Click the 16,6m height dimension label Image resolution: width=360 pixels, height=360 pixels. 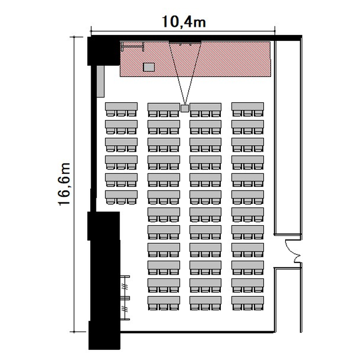coord(64,184)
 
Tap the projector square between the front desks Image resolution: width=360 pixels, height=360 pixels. coord(185,108)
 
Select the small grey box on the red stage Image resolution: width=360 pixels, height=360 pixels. coord(149,67)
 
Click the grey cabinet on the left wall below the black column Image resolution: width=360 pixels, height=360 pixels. coord(100,82)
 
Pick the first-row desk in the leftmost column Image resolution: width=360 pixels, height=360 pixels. coord(121,106)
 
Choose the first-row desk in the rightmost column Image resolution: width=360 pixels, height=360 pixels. coord(248,106)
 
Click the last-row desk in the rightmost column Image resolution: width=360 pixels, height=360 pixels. coord(248,300)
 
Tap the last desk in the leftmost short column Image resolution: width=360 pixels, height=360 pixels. coord(121,194)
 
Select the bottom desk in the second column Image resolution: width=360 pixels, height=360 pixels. coord(164,300)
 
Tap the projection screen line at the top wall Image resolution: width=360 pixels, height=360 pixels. coord(185,43)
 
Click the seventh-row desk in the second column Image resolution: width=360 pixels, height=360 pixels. coord(164,212)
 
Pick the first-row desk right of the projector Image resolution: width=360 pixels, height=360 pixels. coord(205,106)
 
